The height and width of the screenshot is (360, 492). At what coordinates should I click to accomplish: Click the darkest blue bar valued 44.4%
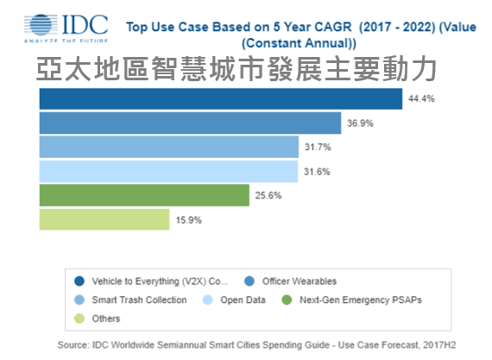pyautogui.click(x=221, y=99)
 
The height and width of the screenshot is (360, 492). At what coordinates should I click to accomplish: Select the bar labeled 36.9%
pyautogui.click(x=190, y=123)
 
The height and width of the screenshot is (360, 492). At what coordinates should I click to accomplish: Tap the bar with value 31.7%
pyautogui.click(x=169, y=147)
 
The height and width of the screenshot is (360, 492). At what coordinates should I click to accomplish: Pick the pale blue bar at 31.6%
pyautogui.click(x=168, y=172)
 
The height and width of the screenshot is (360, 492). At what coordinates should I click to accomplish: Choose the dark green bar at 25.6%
pyautogui.click(x=144, y=195)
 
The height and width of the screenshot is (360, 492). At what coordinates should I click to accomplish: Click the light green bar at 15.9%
pyautogui.click(x=104, y=219)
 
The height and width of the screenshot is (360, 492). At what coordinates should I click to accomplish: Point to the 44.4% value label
pyautogui.click(x=421, y=99)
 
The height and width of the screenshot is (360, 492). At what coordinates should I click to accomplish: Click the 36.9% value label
pyautogui.click(x=360, y=123)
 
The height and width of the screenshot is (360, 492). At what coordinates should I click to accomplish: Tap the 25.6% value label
pyautogui.click(x=268, y=195)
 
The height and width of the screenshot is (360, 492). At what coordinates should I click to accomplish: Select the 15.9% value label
pyautogui.click(x=188, y=220)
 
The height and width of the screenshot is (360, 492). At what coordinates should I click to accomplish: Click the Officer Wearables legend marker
pyautogui.click(x=249, y=281)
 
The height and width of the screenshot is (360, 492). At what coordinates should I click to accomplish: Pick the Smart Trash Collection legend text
pyautogui.click(x=139, y=300)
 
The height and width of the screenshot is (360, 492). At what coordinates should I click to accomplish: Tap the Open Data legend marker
pyautogui.click(x=208, y=300)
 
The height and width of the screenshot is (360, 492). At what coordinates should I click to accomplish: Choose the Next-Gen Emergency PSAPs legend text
pyautogui.click(x=361, y=300)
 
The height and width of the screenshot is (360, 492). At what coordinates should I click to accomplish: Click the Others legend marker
pyautogui.click(x=79, y=319)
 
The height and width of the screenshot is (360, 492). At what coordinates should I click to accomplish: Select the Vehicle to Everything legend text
pyautogui.click(x=160, y=281)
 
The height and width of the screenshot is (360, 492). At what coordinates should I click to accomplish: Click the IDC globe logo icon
pyautogui.click(x=41, y=25)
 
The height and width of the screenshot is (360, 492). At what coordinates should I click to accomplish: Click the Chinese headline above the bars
pyautogui.click(x=237, y=69)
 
